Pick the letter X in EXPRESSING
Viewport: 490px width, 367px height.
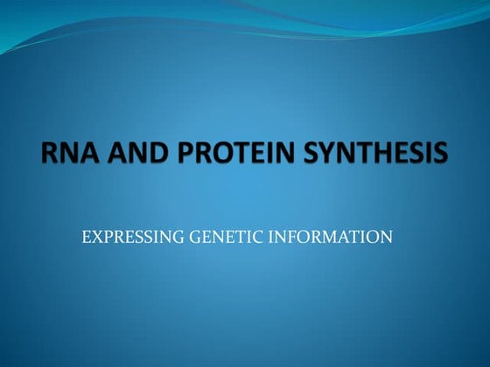pos(94,236)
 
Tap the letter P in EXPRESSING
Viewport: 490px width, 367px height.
pos(106,236)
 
